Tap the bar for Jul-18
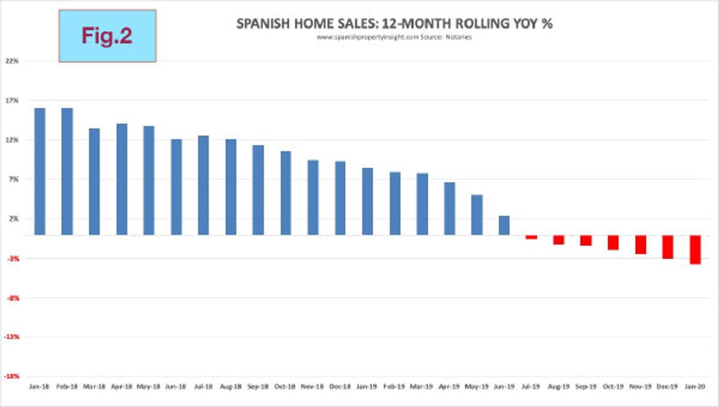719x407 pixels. point(204,185)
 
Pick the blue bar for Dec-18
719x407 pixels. point(340,198)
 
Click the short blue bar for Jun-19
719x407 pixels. point(504,225)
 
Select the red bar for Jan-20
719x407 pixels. point(695,250)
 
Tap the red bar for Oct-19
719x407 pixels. point(613,242)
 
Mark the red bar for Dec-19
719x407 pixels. point(667,247)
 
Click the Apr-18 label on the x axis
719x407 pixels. point(122,387)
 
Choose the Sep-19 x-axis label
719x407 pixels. point(585,387)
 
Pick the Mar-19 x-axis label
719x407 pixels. point(422,387)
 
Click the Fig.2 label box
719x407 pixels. point(107,36)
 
